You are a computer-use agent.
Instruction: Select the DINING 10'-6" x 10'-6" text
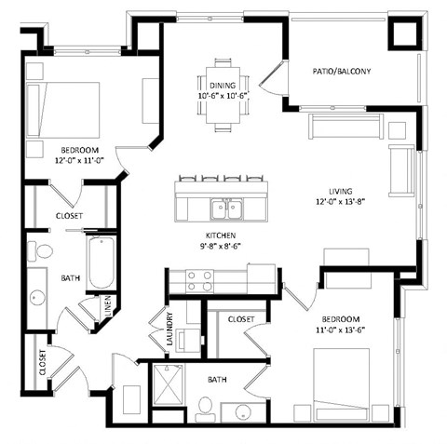[222, 90]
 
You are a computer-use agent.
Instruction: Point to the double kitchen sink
[223, 209]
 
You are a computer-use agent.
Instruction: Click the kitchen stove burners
[199, 281]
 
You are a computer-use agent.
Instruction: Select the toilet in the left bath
[42, 250]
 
